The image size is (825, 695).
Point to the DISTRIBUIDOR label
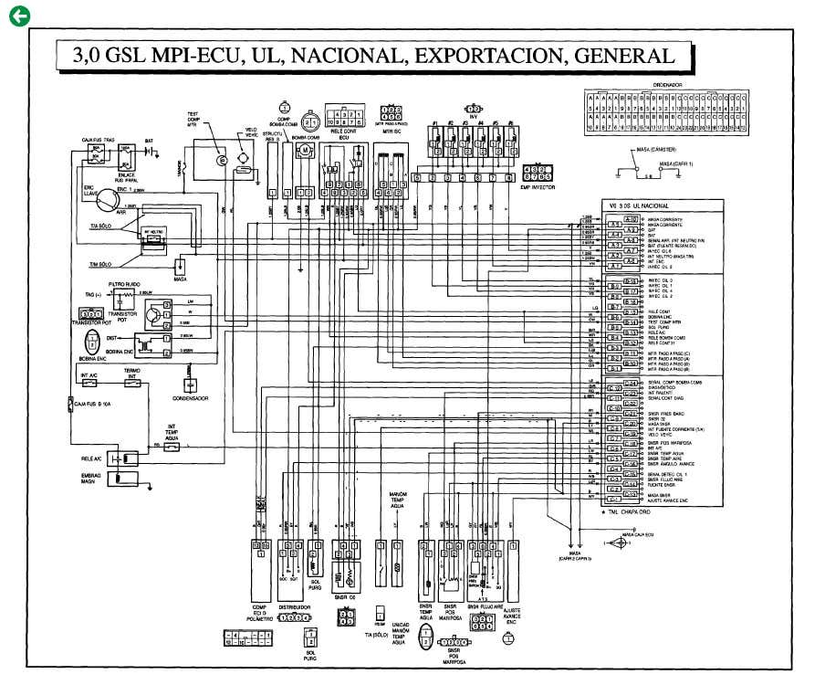pos(289,605)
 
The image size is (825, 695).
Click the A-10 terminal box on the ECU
pos(631,221)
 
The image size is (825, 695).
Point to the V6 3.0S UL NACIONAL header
pos(647,206)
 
